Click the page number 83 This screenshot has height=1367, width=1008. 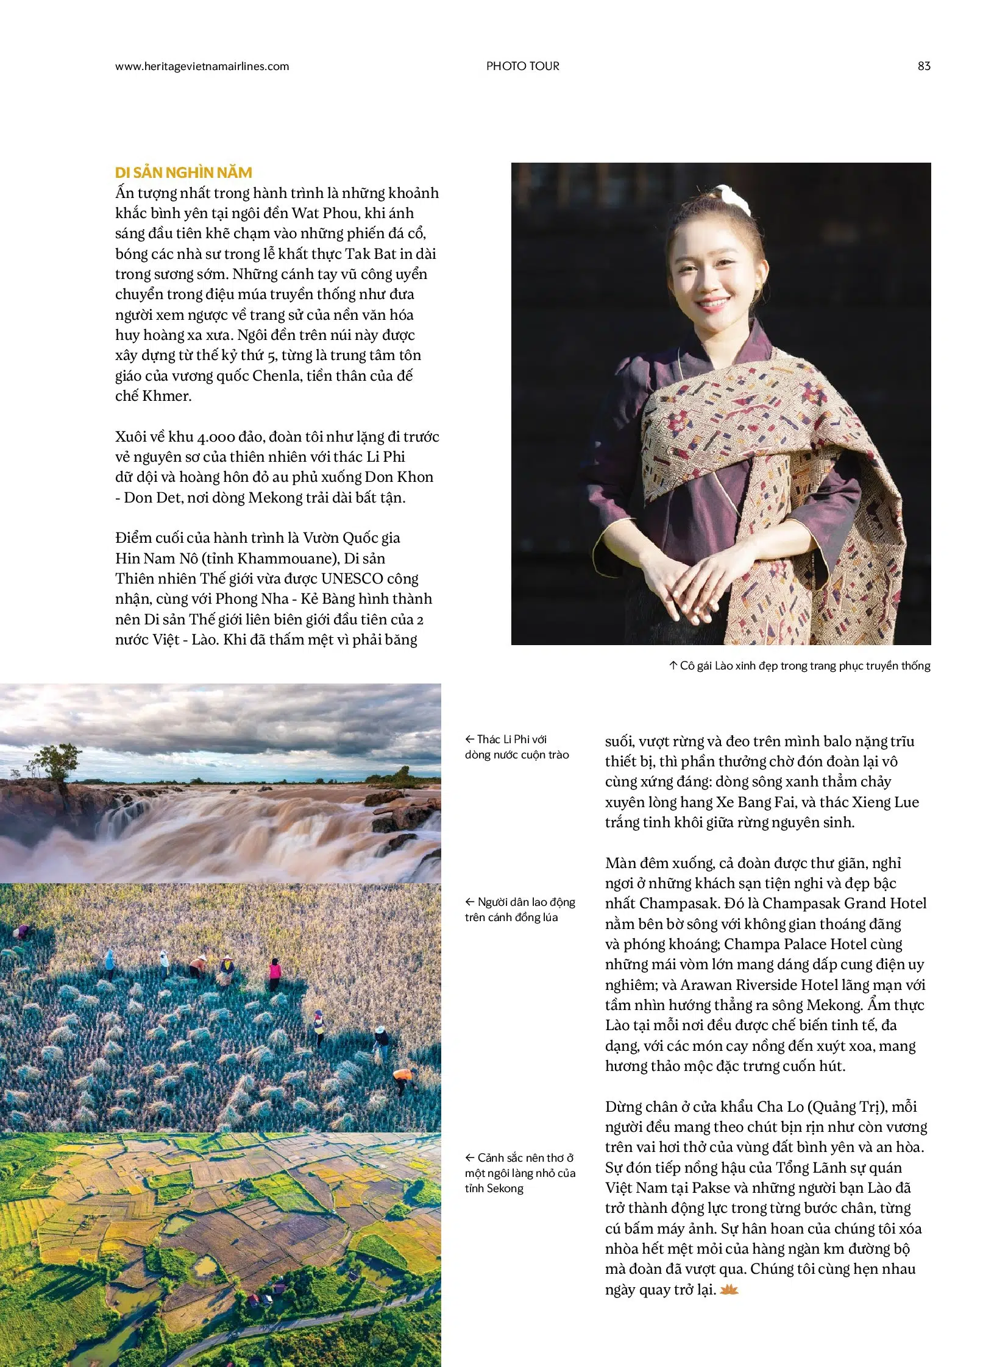click(924, 66)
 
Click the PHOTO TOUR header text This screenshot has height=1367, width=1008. click(522, 66)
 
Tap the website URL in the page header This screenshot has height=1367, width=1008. click(202, 66)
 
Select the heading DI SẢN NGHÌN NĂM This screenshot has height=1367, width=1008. click(183, 172)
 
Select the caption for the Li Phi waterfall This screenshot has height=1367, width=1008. click(516, 747)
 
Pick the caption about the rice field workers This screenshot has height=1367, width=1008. click(519, 910)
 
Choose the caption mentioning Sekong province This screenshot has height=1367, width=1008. click(519, 1173)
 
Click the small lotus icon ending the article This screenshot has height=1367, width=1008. click(729, 1290)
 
